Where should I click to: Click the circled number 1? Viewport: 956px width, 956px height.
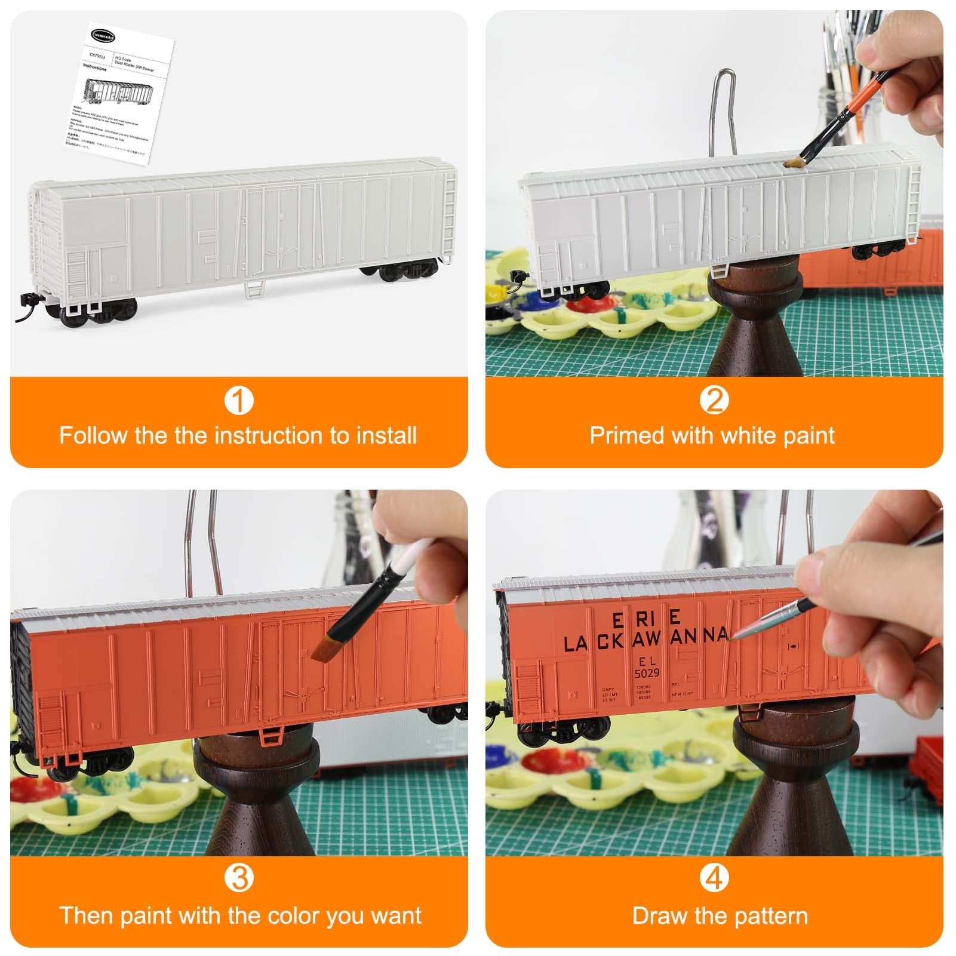239,401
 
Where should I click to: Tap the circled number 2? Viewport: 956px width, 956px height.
714,401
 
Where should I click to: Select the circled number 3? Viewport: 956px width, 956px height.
239,878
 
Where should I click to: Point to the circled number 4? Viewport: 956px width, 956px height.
714,878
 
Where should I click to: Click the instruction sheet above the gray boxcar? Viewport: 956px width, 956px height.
119,96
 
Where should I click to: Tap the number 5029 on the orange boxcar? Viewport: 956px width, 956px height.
647,673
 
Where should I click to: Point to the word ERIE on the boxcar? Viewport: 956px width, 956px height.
646,619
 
